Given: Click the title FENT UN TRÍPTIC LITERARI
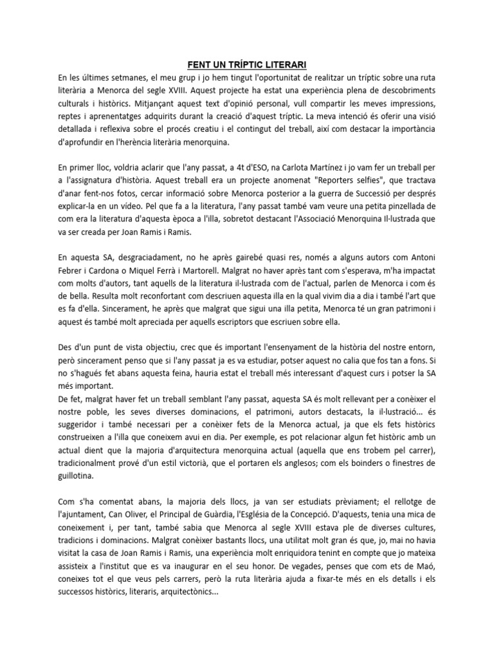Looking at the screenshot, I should (246, 64).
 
